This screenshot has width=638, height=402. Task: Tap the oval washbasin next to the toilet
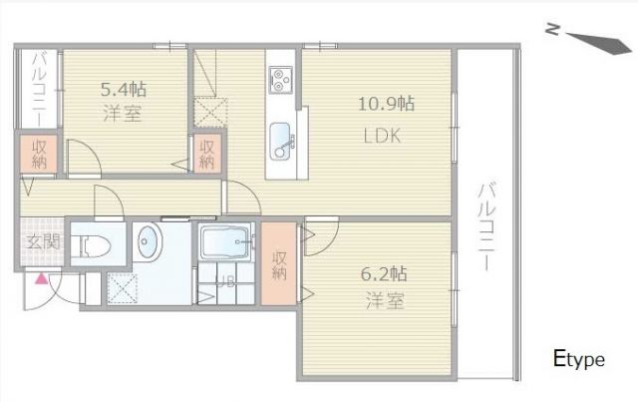tap(148, 242)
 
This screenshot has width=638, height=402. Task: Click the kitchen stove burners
tap(278, 77)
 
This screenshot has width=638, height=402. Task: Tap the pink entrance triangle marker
tap(42, 279)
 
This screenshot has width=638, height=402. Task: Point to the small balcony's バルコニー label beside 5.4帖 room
tap(38, 87)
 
